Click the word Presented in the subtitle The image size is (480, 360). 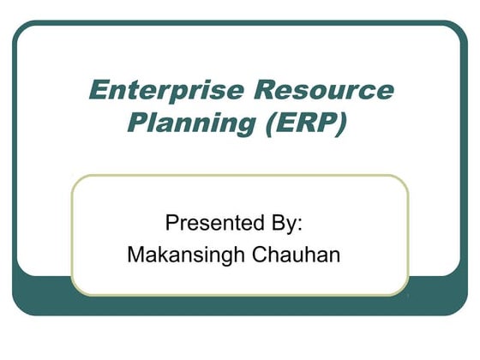[x=210, y=224]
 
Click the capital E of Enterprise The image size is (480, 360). [x=99, y=91]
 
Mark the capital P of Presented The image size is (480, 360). [x=171, y=224]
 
